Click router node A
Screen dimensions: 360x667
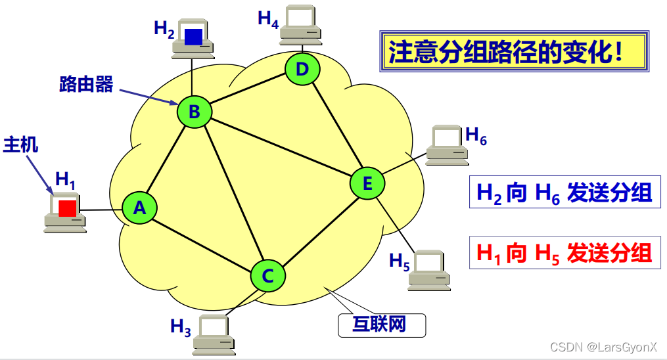(139, 208)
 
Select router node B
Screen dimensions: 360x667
(195, 112)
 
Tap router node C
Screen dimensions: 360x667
(267, 276)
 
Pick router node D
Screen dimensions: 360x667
(302, 69)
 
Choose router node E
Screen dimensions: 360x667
(367, 184)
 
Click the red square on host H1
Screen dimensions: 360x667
(67, 208)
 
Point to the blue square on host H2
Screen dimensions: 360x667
(193, 37)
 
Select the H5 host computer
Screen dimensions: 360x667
(429, 268)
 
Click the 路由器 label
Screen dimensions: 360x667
(86, 84)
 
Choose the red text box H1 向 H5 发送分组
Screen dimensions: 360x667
(564, 253)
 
